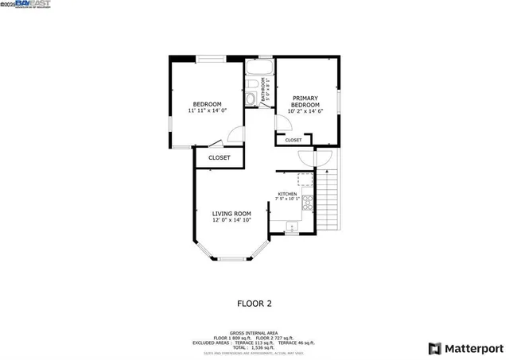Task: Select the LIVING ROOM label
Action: (231, 213)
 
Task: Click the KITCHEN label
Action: (287, 194)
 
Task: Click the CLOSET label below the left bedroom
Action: (220, 157)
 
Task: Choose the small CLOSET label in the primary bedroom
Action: (293, 140)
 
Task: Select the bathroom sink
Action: (250, 99)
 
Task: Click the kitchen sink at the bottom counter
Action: (291, 227)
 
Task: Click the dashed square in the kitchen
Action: (304, 178)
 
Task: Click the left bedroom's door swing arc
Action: (235, 134)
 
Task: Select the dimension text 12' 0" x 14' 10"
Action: (231, 220)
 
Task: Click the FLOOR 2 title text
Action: (254, 303)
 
